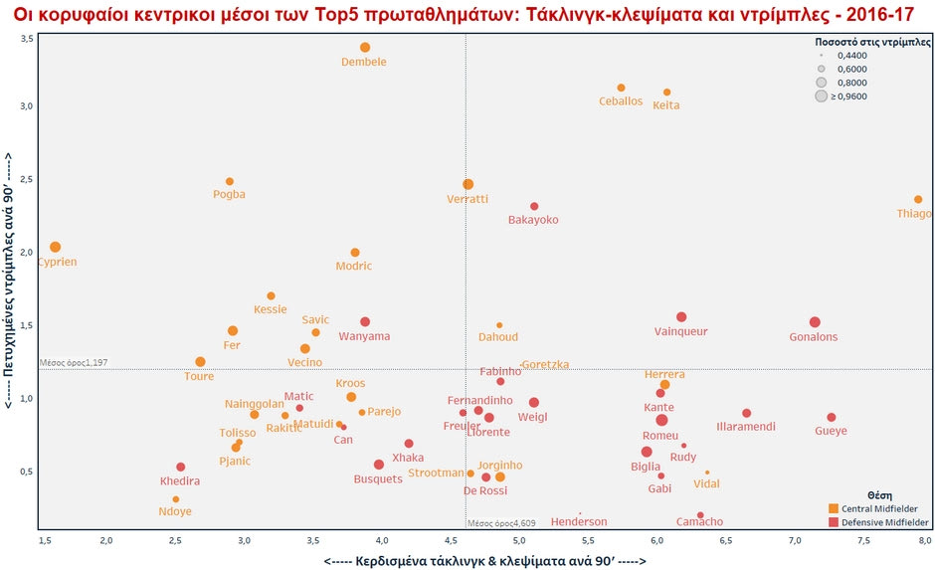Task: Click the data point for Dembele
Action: pos(365,48)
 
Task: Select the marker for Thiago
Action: pos(918,200)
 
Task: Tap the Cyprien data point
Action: pos(56,247)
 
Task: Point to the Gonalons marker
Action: pos(815,322)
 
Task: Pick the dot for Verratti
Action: pos(467,184)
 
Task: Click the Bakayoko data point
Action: pos(534,207)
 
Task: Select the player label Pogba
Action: pos(229,194)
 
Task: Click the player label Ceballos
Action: pos(621,101)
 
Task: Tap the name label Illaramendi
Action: pos(746,427)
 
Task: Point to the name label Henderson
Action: pos(578,521)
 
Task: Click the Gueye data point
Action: pos(832,418)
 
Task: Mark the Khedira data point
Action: pos(181,468)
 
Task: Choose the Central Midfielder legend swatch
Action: pos(834,508)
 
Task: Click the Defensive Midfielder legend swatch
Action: pos(834,521)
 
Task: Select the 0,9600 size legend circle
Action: pos(822,96)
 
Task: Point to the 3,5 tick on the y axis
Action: pos(27,38)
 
